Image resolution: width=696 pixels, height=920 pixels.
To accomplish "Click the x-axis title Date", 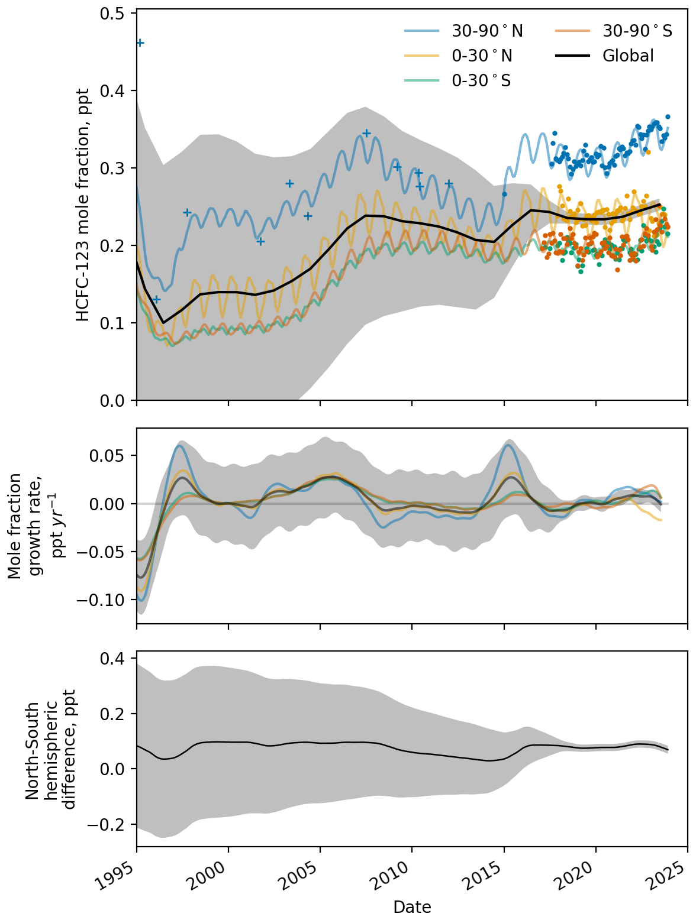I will pos(412,907).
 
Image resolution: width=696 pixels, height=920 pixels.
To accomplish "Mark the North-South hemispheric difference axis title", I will pos(50,749).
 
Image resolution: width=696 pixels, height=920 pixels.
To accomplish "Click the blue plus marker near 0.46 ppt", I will pos(140,43).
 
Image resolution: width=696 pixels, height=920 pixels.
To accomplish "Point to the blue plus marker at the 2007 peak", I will pos(366,133).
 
